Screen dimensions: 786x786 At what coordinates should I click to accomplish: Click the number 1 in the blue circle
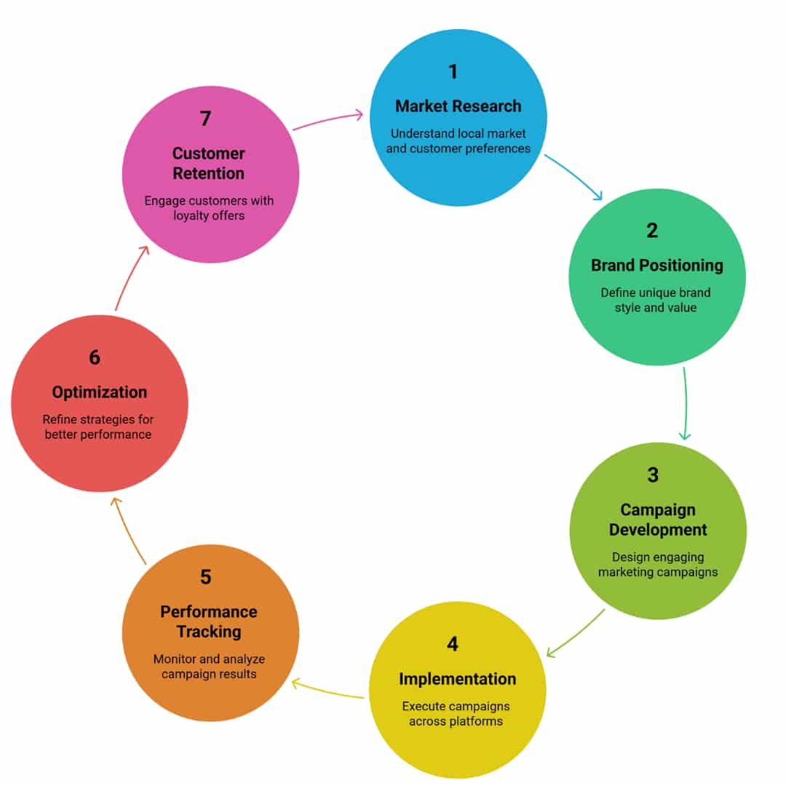click(x=453, y=71)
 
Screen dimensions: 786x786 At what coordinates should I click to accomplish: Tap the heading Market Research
click(x=458, y=106)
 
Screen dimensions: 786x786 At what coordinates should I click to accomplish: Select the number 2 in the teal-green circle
click(x=652, y=231)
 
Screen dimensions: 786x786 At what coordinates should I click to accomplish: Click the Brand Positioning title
click(x=656, y=265)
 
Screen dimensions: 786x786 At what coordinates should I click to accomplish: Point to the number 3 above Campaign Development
click(x=653, y=475)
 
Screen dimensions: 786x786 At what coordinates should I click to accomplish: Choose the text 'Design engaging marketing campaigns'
click(x=657, y=565)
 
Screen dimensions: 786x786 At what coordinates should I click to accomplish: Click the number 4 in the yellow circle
click(x=453, y=644)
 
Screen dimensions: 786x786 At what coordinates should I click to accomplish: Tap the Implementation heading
click(x=457, y=679)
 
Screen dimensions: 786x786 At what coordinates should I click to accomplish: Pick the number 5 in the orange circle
click(x=206, y=577)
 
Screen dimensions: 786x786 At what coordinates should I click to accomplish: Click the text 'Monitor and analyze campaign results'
click(x=209, y=667)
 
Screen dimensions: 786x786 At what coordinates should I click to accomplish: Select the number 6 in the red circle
click(x=95, y=357)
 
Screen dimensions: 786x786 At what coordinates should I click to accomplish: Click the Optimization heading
click(x=99, y=392)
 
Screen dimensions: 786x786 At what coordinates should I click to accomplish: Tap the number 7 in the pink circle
click(x=206, y=118)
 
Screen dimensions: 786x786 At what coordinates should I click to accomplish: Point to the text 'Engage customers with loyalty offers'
click(x=209, y=208)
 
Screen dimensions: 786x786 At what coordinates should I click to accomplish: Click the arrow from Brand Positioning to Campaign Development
click(x=686, y=404)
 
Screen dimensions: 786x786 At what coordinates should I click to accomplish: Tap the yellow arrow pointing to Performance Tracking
click(x=327, y=689)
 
